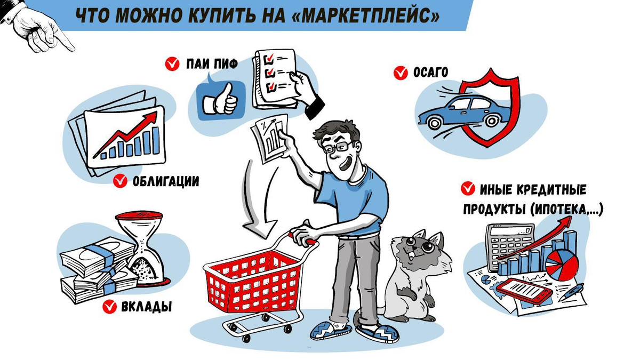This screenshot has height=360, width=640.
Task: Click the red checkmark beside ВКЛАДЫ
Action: click(x=110, y=307)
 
